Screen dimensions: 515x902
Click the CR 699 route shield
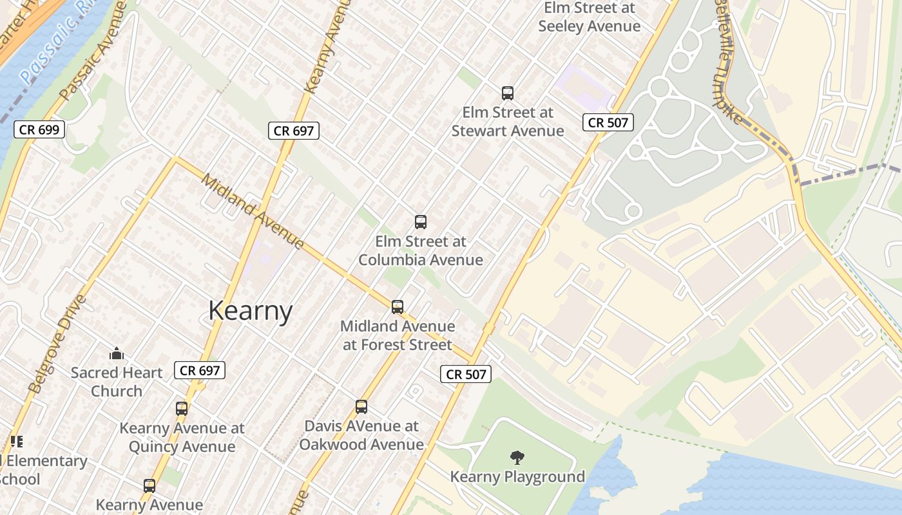(39, 129)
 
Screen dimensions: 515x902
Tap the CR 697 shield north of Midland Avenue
(294, 131)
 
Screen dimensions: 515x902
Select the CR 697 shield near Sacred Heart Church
(200, 370)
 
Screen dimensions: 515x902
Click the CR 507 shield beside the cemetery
(608, 122)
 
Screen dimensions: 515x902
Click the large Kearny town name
(251, 311)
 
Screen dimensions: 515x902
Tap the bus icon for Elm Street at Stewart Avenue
(508, 93)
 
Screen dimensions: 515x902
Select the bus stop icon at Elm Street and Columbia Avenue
(421, 222)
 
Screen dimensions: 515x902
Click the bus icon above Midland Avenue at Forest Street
(398, 307)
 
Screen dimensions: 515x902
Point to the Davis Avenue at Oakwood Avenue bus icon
(361, 407)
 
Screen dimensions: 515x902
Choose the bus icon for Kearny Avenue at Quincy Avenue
(182, 409)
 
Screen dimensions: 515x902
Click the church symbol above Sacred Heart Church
(117, 353)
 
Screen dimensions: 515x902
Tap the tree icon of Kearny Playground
(517, 458)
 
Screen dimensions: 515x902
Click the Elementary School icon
(17, 442)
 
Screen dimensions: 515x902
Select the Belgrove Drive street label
(58, 344)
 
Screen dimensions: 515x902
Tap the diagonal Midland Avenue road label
(253, 211)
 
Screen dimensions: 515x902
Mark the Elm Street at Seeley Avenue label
(590, 17)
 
